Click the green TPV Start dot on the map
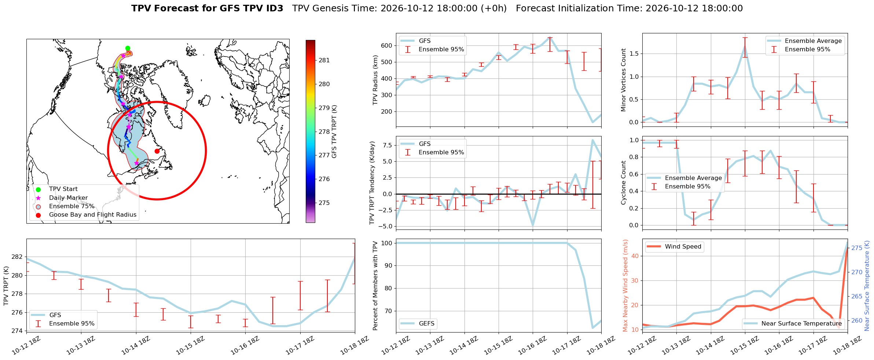pyautogui.click(x=128, y=48)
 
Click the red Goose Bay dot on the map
pyautogui.click(x=157, y=151)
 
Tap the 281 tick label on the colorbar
pyautogui.click(x=324, y=60)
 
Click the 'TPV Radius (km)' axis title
pyautogui.click(x=375, y=80)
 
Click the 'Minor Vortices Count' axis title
pyautogui.click(x=624, y=80)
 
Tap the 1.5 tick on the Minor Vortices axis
pyautogui.click(x=634, y=54)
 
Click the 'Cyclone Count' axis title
pyautogui.click(x=624, y=183)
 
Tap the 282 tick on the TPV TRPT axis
pyautogui.click(x=17, y=257)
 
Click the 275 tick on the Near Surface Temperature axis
pyautogui.click(x=857, y=248)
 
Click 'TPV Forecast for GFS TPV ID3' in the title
pyautogui.click(x=207, y=8)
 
